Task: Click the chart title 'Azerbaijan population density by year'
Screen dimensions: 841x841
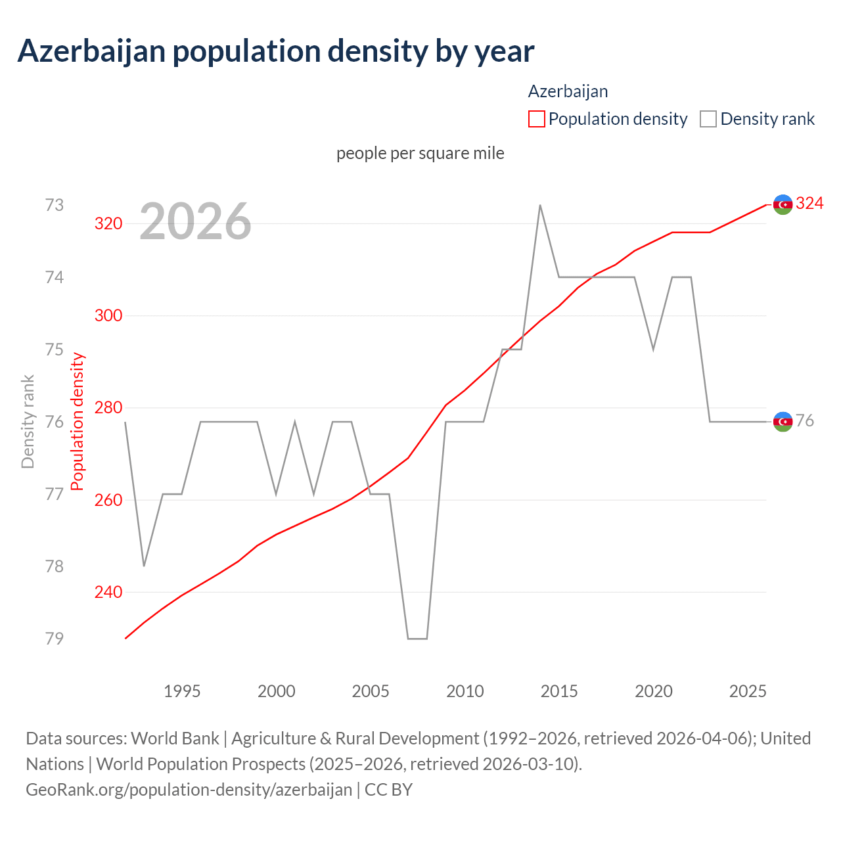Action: click(276, 51)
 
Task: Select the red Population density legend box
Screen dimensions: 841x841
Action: click(537, 119)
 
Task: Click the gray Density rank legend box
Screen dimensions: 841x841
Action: click(708, 119)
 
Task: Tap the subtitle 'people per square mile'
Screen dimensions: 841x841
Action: click(420, 153)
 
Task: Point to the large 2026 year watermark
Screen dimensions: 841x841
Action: click(195, 221)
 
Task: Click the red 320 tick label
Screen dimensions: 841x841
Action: click(108, 223)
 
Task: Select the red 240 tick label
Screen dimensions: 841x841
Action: click(108, 592)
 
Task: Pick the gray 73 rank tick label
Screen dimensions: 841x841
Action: click(55, 205)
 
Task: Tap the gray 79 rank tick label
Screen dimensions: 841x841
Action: click(55, 638)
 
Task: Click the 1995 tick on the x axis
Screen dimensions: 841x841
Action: click(182, 691)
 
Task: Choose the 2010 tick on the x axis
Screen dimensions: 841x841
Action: click(465, 691)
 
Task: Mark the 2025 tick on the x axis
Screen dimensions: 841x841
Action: click(748, 691)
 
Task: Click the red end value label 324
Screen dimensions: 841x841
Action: click(809, 204)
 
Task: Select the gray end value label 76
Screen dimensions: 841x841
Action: click(805, 421)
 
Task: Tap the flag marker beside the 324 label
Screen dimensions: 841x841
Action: click(783, 205)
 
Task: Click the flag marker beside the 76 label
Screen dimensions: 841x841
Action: click(783, 422)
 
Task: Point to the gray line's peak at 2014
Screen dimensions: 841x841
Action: click(540, 205)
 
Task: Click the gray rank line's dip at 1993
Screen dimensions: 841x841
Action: click(144, 566)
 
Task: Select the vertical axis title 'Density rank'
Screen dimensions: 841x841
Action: click(28, 421)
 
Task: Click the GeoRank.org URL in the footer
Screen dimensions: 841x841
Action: click(189, 789)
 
